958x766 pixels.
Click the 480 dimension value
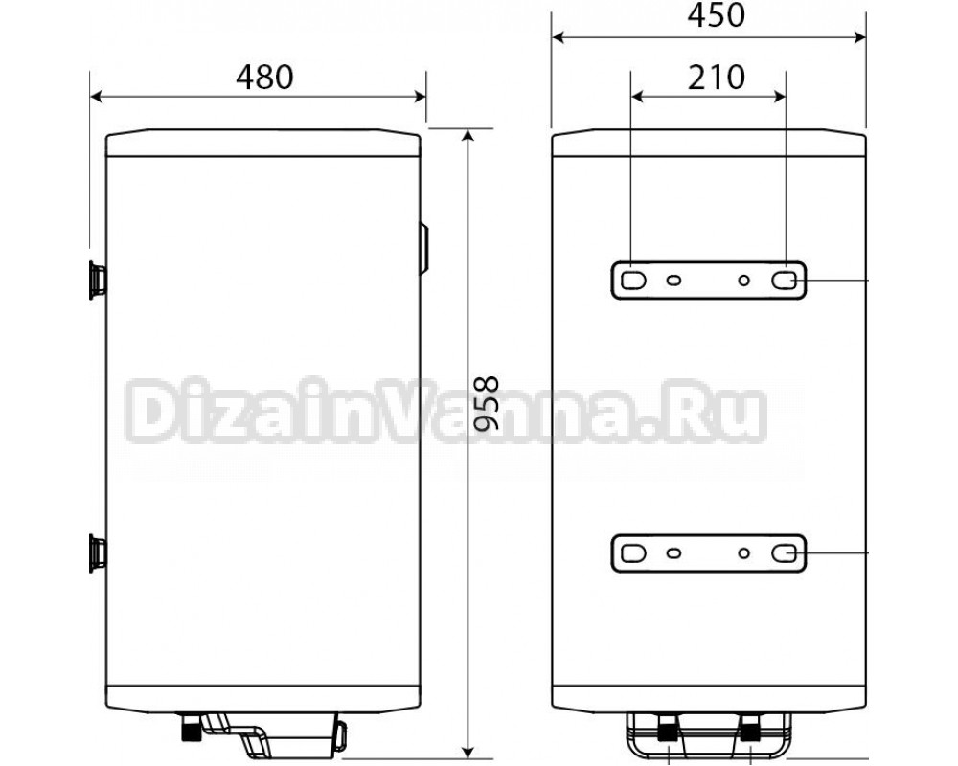(x=264, y=77)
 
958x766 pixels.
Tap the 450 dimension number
(x=716, y=16)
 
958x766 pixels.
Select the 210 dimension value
(x=716, y=77)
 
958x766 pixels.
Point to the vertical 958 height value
(x=487, y=404)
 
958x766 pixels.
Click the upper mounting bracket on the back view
(x=709, y=281)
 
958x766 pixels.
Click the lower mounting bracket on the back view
(x=709, y=553)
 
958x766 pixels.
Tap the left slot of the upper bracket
(x=633, y=281)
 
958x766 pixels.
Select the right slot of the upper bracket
(x=784, y=281)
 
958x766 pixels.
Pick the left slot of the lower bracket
(x=633, y=553)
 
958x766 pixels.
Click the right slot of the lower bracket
(x=784, y=553)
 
